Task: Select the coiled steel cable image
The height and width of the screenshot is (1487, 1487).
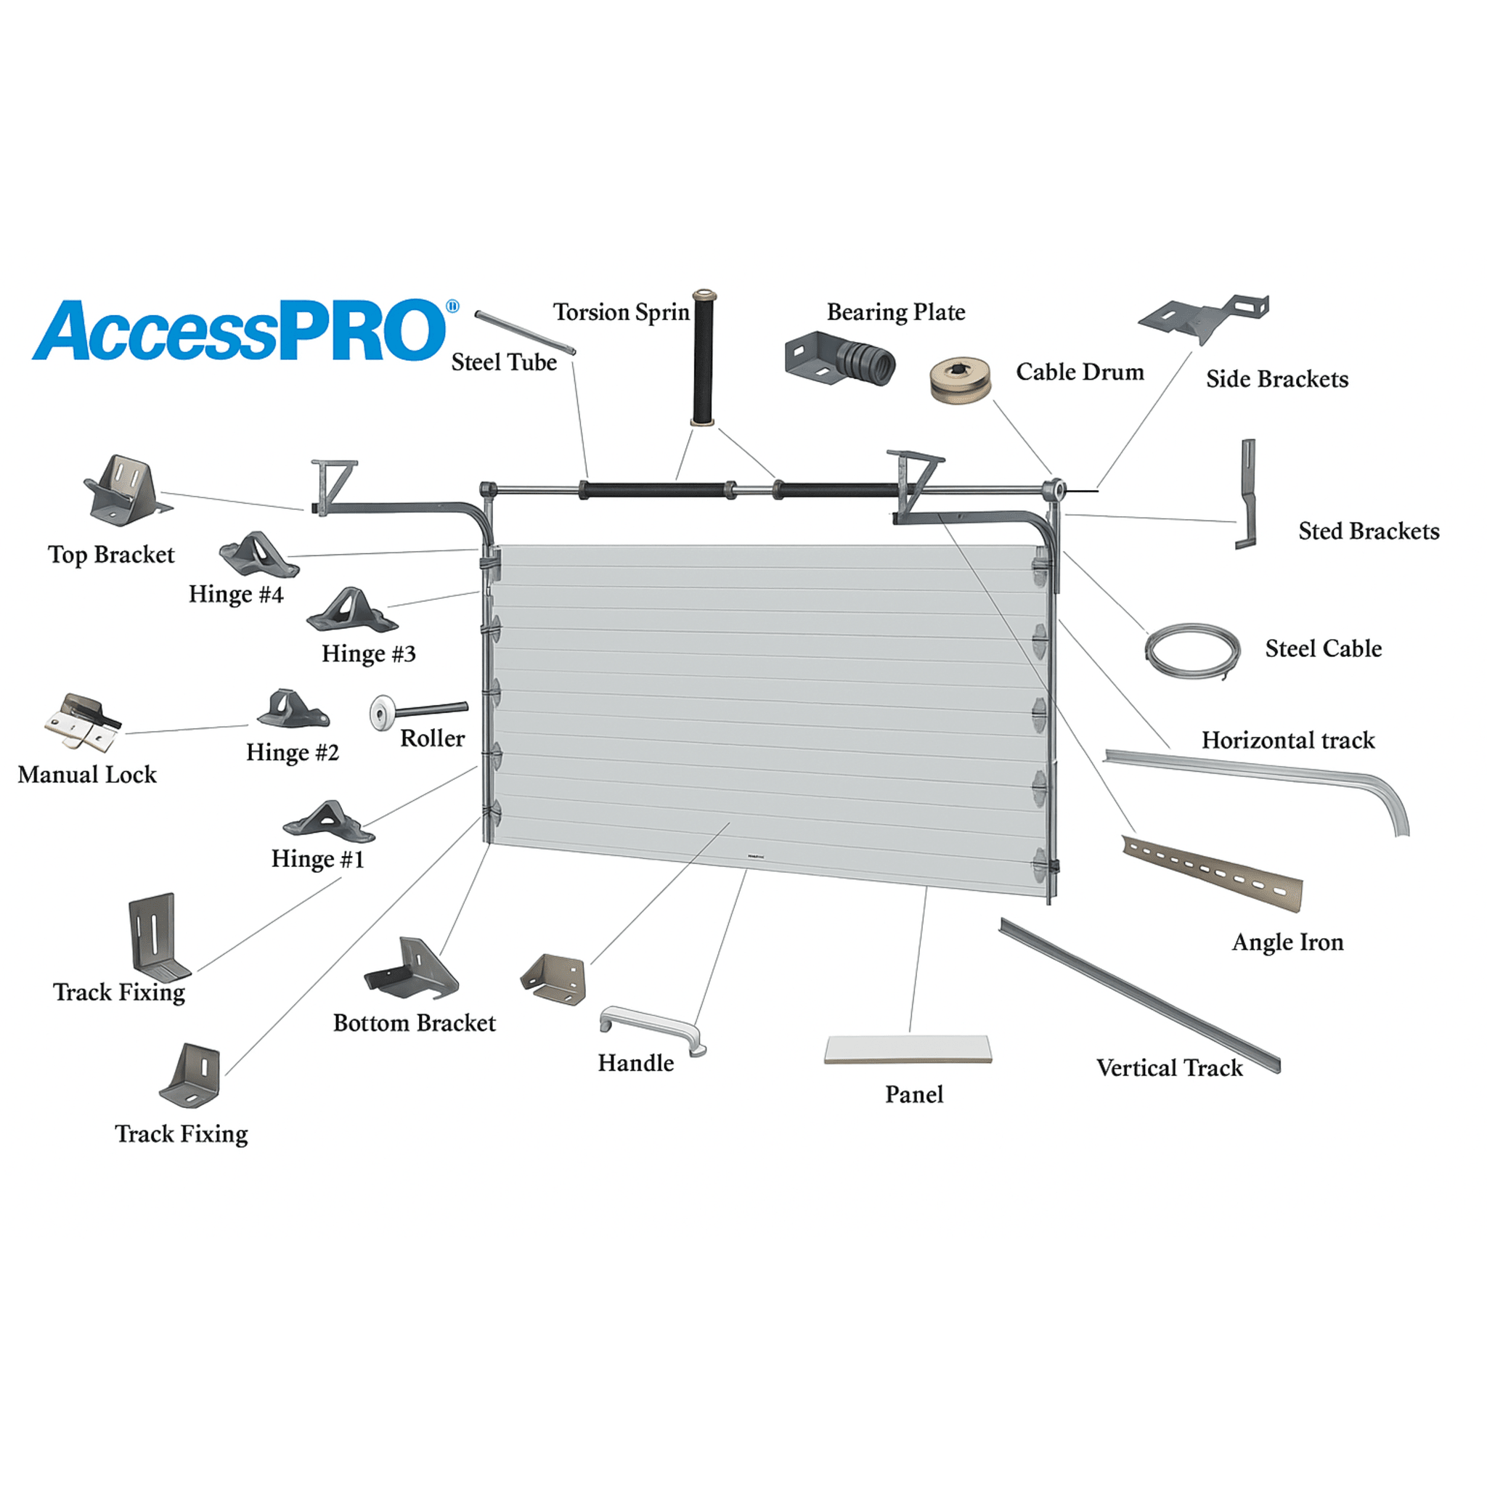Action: (x=1192, y=651)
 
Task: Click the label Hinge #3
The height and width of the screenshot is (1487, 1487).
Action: (x=369, y=653)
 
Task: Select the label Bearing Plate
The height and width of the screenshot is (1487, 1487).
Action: (x=896, y=311)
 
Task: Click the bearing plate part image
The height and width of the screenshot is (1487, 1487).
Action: (x=839, y=358)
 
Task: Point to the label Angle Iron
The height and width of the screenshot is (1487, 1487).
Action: (x=1287, y=942)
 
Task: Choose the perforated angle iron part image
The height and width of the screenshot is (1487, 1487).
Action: (x=1213, y=873)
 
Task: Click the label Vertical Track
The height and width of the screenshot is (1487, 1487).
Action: (x=1169, y=1067)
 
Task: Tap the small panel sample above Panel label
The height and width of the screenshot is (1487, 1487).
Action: (x=908, y=1050)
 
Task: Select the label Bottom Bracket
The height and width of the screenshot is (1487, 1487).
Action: (x=414, y=1023)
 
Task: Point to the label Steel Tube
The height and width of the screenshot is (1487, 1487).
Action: (x=504, y=362)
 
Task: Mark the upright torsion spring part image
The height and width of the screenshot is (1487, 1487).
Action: (x=704, y=357)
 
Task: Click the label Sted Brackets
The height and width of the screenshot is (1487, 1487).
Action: (x=1369, y=531)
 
